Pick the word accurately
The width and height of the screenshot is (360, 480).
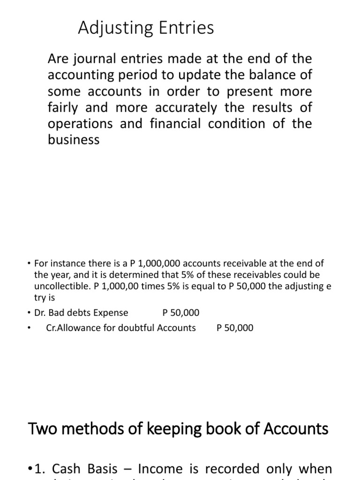tap(182, 107)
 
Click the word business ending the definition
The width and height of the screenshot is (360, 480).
tap(74, 139)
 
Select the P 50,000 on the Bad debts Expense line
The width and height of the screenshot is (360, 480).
tap(180, 313)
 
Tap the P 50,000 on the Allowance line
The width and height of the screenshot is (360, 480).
tap(235, 328)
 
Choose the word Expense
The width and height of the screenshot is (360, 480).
tap(111, 313)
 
